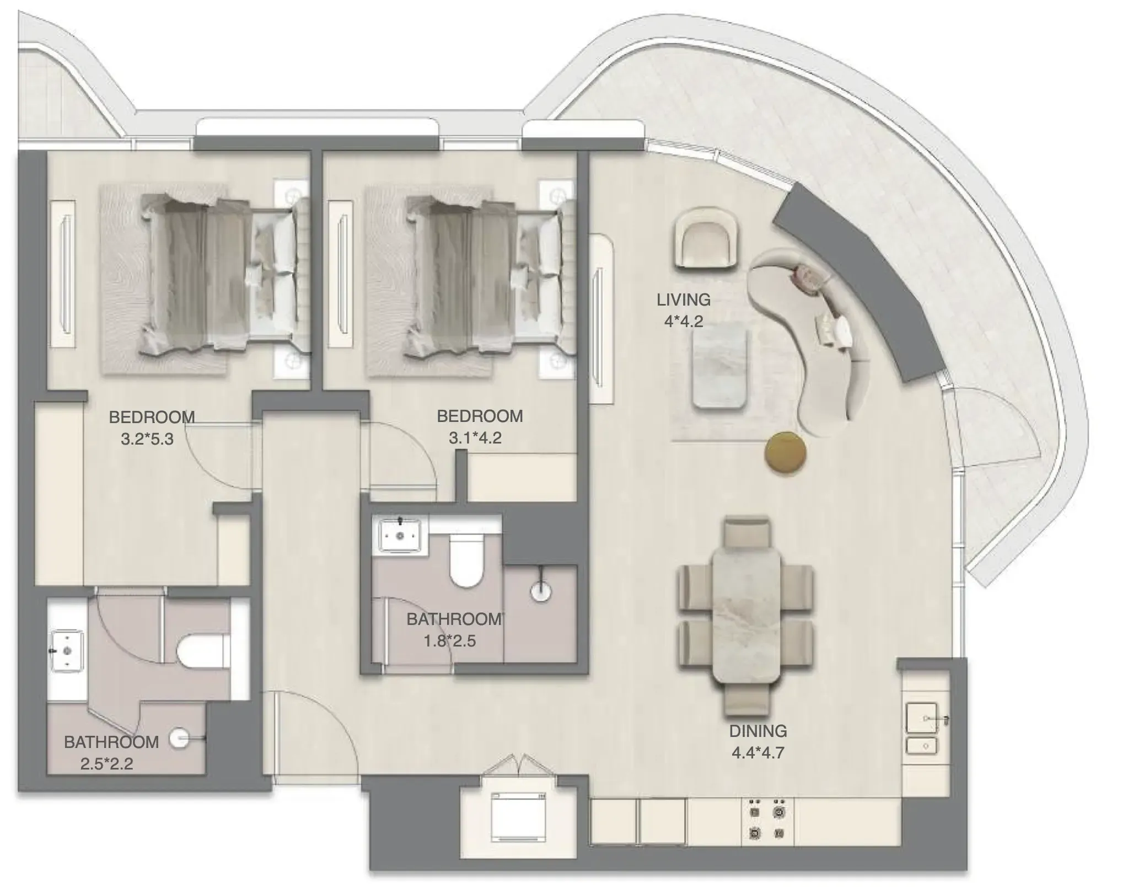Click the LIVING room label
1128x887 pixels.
click(683, 300)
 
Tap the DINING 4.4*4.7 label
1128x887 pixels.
click(758, 741)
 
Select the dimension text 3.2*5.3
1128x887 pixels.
click(147, 439)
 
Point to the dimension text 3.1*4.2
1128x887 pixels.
click(475, 438)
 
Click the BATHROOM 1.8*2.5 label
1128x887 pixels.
click(454, 629)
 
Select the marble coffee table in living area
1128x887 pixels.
click(721, 367)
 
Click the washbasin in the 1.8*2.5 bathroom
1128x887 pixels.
click(400, 534)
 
